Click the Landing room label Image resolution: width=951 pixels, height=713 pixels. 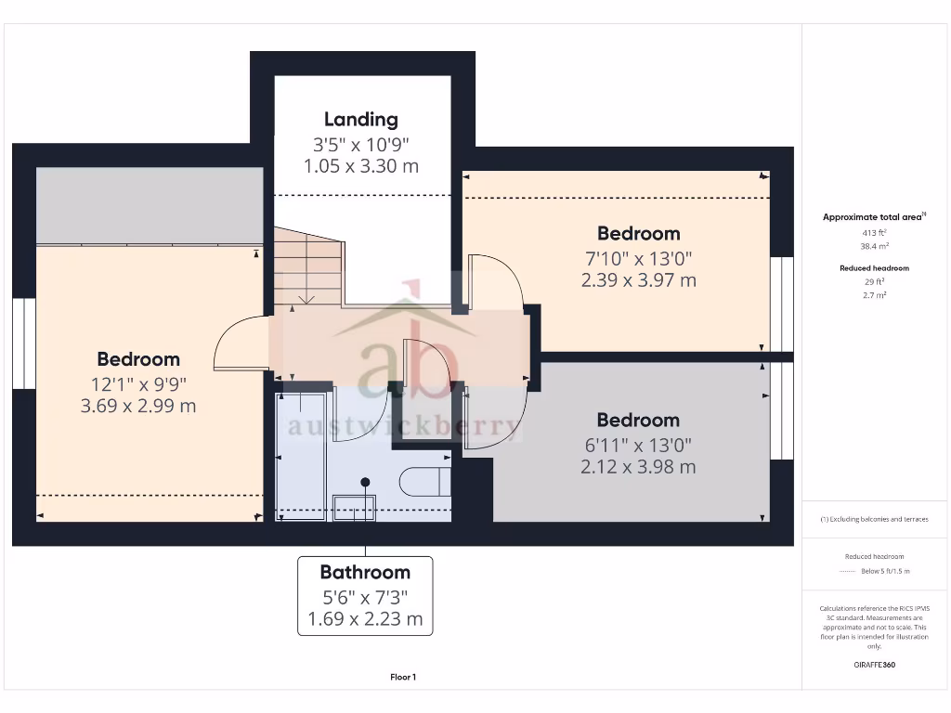coord(360,119)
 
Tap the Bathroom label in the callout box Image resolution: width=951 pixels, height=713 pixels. coord(365,572)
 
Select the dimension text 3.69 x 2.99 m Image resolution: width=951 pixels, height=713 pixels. coord(138,406)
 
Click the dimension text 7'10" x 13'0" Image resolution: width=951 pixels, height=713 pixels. coord(638,257)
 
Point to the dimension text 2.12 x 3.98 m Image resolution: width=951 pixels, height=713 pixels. coord(638,467)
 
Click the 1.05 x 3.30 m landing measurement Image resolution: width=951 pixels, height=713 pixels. coord(360,166)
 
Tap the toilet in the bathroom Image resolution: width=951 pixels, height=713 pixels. coord(423,482)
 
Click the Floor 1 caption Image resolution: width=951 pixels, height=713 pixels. coord(403,678)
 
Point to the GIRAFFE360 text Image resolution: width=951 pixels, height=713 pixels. coord(873,665)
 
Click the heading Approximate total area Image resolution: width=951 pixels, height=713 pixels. coord(872,217)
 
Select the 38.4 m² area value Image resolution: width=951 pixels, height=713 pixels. coord(873,247)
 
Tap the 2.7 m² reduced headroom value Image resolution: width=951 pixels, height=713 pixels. coord(873,293)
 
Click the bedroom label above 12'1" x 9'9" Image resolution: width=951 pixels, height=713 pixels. coord(138,359)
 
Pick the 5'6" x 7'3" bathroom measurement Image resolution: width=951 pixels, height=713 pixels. coord(365,596)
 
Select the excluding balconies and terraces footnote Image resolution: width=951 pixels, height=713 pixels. coord(873,519)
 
